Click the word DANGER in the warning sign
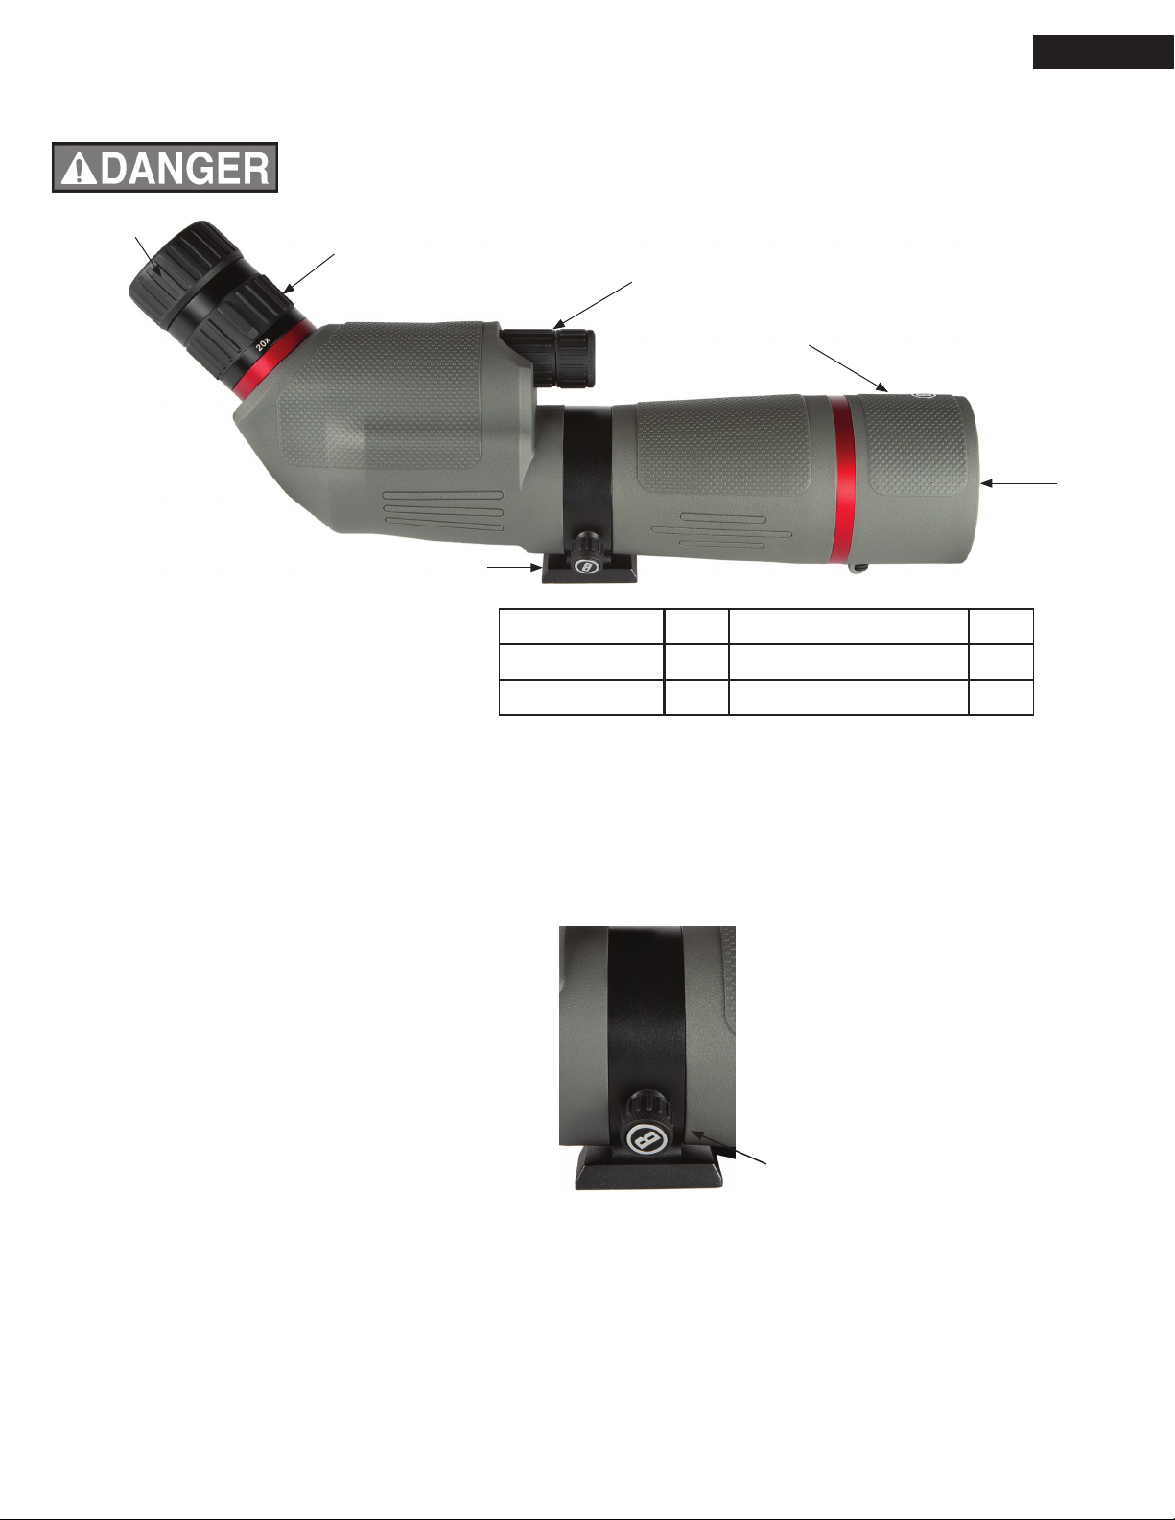tap(184, 168)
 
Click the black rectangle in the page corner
tap(1103, 52)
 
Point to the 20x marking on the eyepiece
tap(263, 342)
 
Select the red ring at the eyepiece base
tap(271, 361)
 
